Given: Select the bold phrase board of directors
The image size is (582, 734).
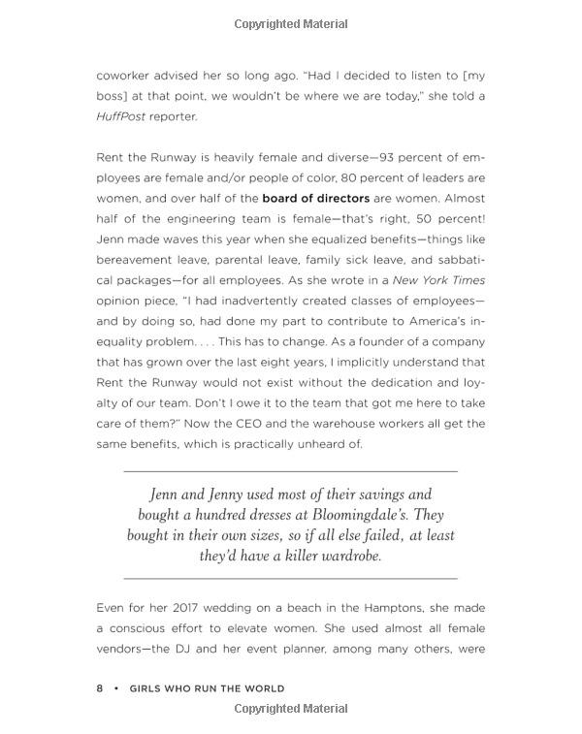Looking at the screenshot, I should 316,198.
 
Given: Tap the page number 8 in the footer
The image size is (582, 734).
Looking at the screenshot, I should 99,688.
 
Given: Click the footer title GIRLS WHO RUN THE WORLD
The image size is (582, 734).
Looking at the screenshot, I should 207,688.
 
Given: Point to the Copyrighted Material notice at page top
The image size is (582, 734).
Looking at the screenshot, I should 291,23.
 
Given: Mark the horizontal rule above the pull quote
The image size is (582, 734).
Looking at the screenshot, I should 291,470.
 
